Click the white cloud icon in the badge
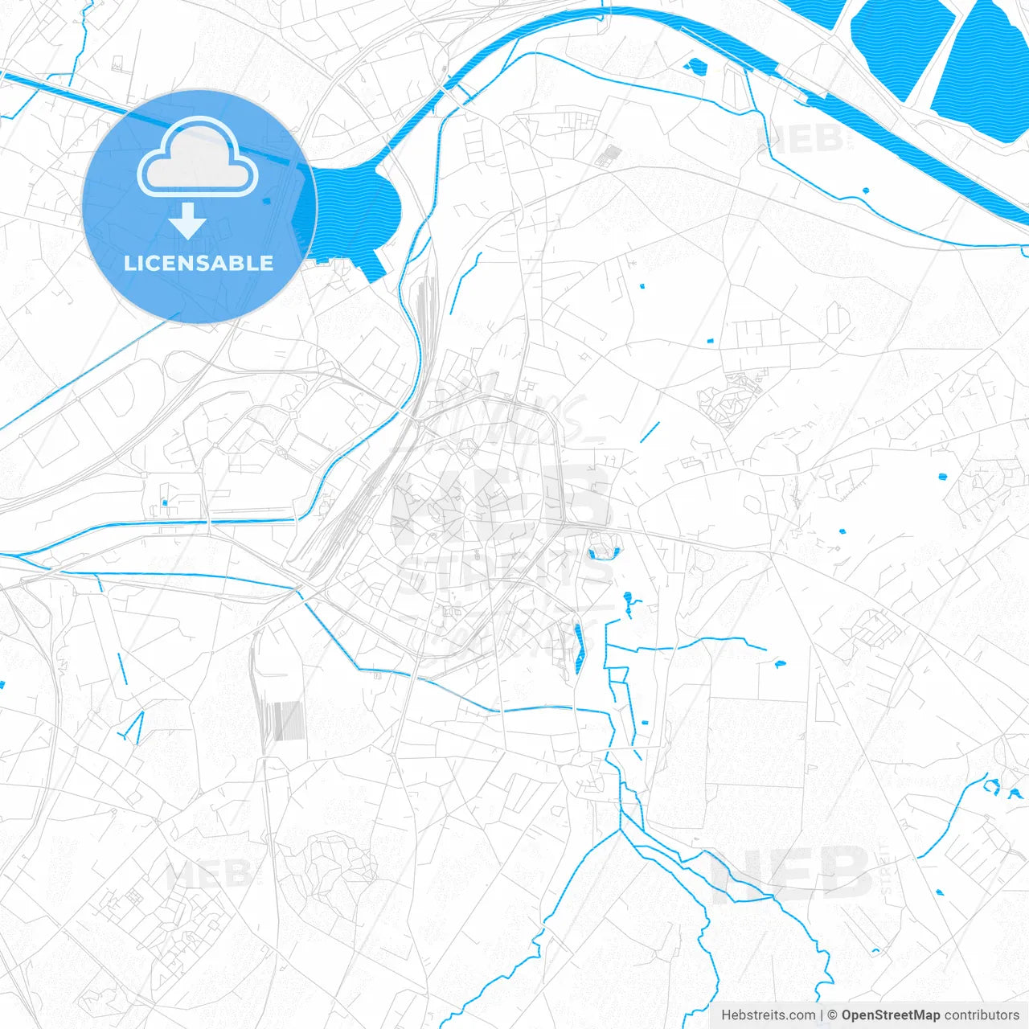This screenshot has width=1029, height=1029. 198,158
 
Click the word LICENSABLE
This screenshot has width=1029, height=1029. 199,263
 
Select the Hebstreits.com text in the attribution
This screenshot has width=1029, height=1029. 768,1015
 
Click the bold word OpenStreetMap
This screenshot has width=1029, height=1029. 891,1015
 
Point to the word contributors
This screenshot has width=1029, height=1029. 982,1015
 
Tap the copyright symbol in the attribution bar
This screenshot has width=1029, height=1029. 833,1015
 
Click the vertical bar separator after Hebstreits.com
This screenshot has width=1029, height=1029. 822,1015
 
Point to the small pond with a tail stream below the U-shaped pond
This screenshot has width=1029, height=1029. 629,600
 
